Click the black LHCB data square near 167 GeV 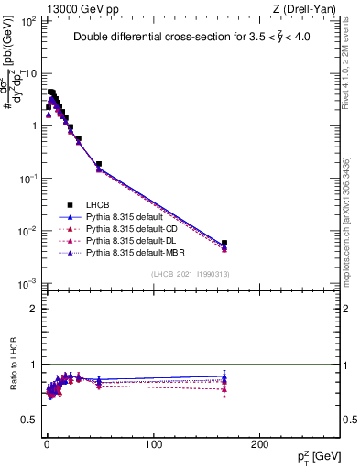(224, 244)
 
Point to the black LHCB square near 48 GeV (98, 165)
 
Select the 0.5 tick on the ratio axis (32, 420)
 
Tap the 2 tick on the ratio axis (36, 309)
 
